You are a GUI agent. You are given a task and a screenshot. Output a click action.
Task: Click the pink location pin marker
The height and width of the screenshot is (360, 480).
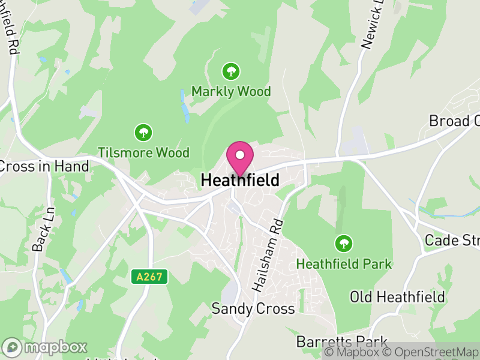pos(239,157)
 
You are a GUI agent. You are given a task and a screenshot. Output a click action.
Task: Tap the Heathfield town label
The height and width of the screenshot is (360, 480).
pos(240,180)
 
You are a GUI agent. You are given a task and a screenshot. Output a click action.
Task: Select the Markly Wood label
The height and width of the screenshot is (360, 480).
pos(231,92)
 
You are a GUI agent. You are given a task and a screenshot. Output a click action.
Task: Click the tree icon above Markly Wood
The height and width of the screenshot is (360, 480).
pos(231,72)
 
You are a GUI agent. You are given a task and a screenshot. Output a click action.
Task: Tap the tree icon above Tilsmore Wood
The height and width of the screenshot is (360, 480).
pos(143,132)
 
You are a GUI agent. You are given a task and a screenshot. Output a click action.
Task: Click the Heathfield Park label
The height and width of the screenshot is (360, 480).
pos(344,263)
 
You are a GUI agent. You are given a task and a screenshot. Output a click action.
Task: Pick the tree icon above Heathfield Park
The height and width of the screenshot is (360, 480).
pos(344,244)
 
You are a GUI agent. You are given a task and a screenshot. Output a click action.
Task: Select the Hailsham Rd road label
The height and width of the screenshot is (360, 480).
pos(268,255)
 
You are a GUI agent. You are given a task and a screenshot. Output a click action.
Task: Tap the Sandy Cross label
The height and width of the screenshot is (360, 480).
pos(253,308)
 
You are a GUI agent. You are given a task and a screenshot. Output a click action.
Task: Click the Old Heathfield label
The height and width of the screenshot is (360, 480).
pos(397,297)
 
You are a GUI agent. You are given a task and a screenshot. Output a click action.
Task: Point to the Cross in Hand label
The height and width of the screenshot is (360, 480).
pos(44,166)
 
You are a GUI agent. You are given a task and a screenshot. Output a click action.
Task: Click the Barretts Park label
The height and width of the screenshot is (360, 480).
pos(342,342)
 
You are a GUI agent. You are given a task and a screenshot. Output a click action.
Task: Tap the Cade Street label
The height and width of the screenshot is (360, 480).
pos(452,240)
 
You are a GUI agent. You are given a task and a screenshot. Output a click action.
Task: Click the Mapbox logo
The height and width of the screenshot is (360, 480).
pos(46,347)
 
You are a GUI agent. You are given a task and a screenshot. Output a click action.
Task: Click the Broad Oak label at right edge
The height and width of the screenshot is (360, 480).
pos(454,121)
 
